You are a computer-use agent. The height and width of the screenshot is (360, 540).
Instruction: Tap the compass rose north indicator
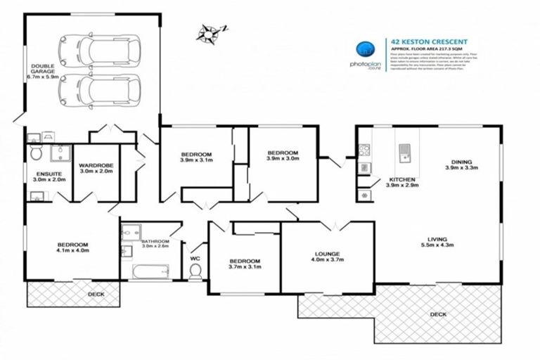tap(209, 31)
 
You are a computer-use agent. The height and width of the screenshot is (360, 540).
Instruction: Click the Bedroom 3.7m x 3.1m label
tap(245, 263)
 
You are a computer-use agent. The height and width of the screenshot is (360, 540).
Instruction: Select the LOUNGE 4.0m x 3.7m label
tap(328, 257)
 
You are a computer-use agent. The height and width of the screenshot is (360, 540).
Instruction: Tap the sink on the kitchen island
tap(405, 150)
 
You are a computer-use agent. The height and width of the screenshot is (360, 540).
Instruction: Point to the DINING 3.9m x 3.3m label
tap(461, 165)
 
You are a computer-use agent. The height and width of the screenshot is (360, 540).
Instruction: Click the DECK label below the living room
tap(437, 314)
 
